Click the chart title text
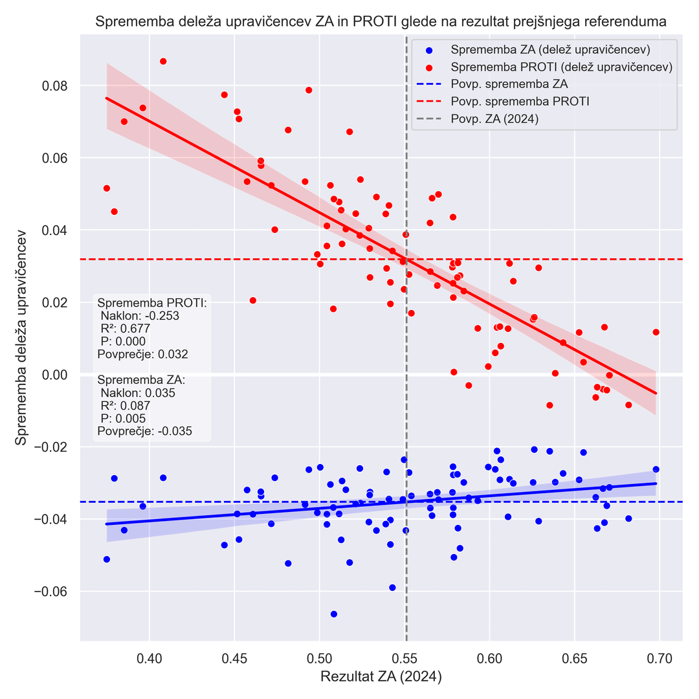pyautogui.click(x=381, y=22)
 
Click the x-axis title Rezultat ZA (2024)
pyautogui.click(x=381, y=678)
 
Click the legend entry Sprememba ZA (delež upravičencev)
pyautogui.click(x=550, y=50)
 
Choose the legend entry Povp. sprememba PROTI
pyautogui.click(x=520, y=102)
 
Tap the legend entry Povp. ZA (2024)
pyautogui.click(x=494, y=119)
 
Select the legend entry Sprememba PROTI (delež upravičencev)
pyautogui.click(x=561, y=67)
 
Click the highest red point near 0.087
pyautogui.click(x=163, y=61)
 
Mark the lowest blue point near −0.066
pyautogui.click(x=334, y=614)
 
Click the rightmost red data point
pyautogui.click(x=656, y=332)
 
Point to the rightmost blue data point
pyautogui.click(x=656, y=469)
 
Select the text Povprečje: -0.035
pyautogui.click(x=144, y=431)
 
